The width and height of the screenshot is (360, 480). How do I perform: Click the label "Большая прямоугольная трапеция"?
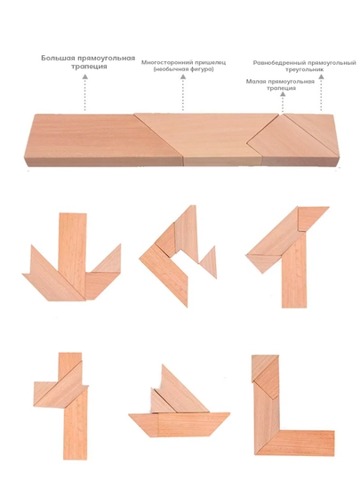pyautogui.click(x=88, y=62)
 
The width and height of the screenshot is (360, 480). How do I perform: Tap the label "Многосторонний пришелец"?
pyautogui.click(x=183, y=62)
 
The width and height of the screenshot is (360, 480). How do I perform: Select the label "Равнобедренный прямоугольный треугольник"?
pyautogui.click(x=304, y=66)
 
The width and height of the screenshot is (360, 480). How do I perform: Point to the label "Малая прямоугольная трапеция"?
pyautogui.click(x=280, y=84)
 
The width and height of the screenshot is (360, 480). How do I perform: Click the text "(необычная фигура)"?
pyautogui.click(x=183, y=69)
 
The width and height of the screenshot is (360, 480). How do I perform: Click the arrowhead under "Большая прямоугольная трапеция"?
pyautogui.click(x=85, y=76)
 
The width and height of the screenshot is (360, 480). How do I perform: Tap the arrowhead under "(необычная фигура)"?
pyautogui.click(x=183, y=76)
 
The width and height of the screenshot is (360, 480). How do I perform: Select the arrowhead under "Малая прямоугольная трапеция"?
pyautogui.click(x=283, y=94)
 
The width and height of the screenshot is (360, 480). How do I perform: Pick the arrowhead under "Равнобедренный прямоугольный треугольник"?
pyautogui.click(x=321, y=76)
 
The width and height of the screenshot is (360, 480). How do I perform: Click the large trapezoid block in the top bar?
pyautogui.click(x=101, y=140)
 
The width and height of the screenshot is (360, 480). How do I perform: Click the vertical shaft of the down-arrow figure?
pyautogui.click(x=73, y=245)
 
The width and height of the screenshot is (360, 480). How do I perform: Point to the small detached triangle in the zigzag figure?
pyautogui.click(x=210, y=262)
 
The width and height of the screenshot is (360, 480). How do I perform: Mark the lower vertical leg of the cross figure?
pyautogui.click(x=76, y=427)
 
